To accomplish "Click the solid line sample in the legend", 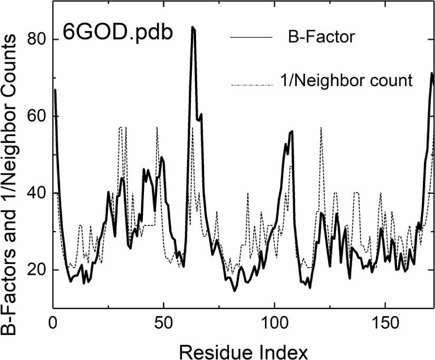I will click(x=250, y=38).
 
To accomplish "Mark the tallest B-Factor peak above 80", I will click(x=193, y=27).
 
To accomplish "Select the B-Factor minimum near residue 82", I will click(x=235, y=290).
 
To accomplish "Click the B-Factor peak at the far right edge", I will click(x=432, y=74).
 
